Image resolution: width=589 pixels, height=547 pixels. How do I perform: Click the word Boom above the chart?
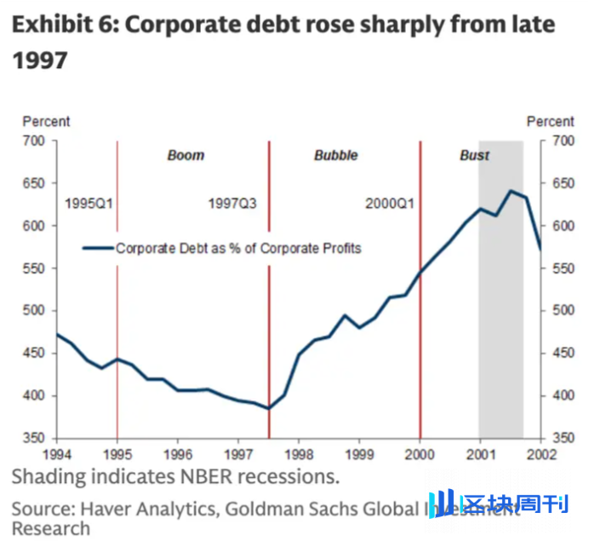(186, 156)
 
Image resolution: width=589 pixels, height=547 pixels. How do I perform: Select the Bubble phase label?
(335, 156)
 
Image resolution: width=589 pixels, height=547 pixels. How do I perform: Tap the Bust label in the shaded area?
(475, 156)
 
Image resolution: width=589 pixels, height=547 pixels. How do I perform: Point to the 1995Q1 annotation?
(89, 204)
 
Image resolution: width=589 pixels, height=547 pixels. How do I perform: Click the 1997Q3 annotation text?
(232, 204)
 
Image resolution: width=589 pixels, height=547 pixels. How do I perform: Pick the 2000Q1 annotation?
(390, 204)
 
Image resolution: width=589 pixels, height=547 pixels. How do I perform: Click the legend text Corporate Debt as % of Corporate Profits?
(238, 249)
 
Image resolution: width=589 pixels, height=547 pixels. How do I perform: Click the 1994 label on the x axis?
(57, 454)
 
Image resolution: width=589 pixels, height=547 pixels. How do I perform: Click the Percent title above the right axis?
(551, 123)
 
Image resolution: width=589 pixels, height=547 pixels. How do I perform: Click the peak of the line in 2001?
(510, 191)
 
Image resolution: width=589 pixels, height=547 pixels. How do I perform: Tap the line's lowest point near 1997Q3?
(268, 408)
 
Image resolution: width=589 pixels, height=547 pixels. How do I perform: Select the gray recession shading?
(500, 341)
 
